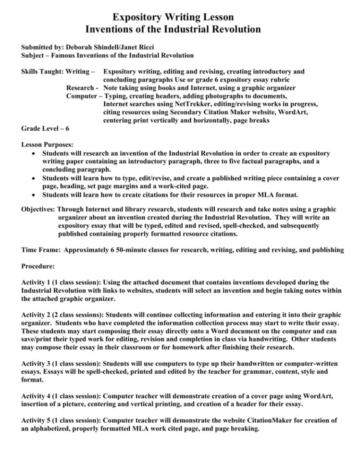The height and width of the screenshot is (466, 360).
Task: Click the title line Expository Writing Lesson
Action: pos(180,17)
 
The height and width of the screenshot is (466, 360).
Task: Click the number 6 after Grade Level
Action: pos(67,128)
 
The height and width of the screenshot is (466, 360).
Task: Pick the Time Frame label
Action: pos(41,250)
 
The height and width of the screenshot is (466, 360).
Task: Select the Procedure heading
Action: pos(38,266)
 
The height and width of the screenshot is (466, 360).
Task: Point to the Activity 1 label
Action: pos(38,282)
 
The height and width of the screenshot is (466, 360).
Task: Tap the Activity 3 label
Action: pos(38,364)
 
